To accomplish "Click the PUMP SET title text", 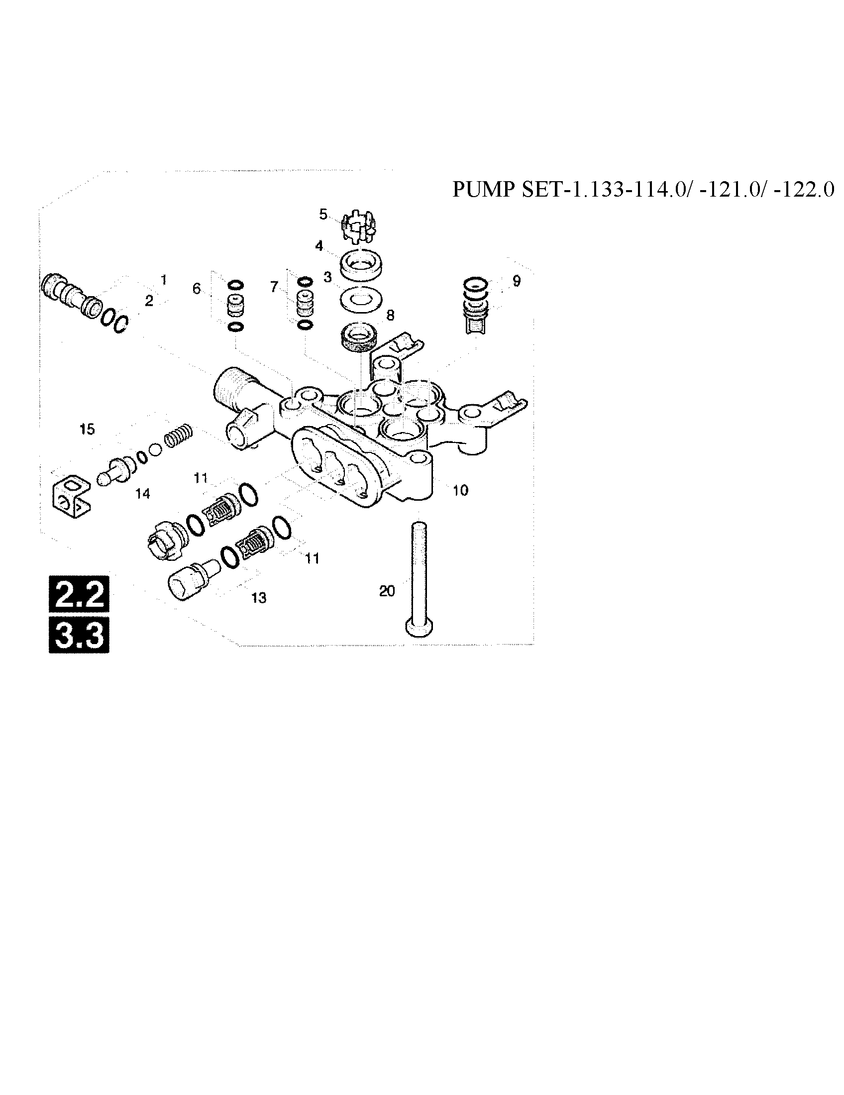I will click(643, 190).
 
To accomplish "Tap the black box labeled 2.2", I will click(79, 594).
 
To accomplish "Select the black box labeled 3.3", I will click(79, 635).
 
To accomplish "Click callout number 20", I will click(387, 591).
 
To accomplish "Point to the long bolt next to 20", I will click(419, 576).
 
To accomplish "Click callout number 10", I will click(460, 490).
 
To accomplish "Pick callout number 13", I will click(259, 598).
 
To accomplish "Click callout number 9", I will click(517, 281).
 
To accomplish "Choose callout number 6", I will click(197, 288).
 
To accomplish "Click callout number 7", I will click(274, 287).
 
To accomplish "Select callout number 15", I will click(87, 429).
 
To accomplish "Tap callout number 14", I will click(143, 494).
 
